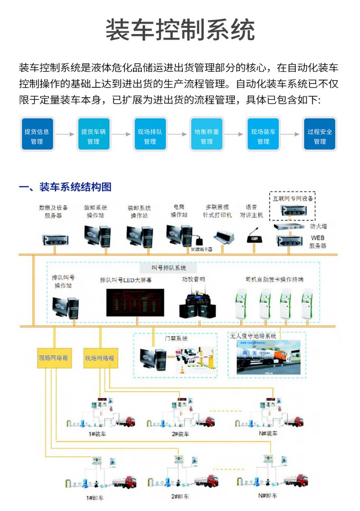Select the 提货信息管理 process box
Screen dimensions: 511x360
36,136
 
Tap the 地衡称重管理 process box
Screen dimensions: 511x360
206,136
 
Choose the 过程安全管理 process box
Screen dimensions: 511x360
320,136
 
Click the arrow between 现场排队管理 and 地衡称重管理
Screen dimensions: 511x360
177,135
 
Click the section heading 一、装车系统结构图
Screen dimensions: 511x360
64,187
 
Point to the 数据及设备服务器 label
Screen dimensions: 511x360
53,212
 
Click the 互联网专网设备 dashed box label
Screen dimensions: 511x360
292,198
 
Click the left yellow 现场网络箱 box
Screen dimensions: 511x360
54,358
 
